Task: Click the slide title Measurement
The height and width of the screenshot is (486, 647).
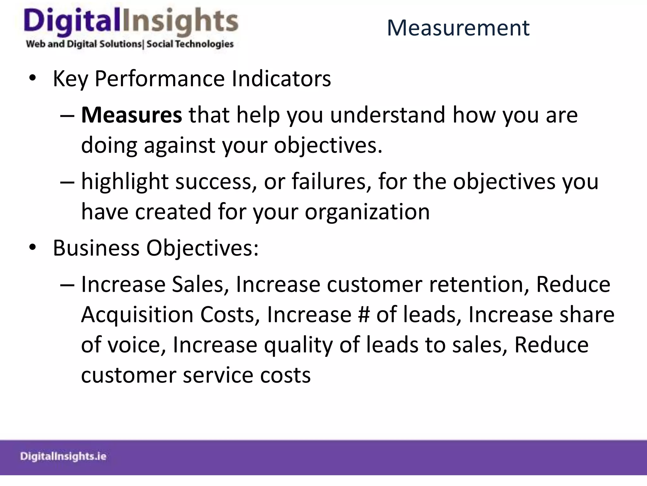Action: click(458, 28)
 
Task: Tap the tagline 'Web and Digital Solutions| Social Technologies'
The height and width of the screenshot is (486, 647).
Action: click(130, 44)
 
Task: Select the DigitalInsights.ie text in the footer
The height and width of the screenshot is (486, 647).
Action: click(63, 456)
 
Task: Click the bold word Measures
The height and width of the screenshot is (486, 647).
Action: click(131, 115)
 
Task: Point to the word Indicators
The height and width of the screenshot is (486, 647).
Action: click(281, 78)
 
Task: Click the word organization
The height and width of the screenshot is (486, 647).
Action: click(367, 212)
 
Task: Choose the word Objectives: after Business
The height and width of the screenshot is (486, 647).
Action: click(202, 248)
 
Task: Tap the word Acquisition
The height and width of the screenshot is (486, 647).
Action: click(137, 315)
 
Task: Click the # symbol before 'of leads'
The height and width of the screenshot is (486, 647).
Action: click(364, 315)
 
